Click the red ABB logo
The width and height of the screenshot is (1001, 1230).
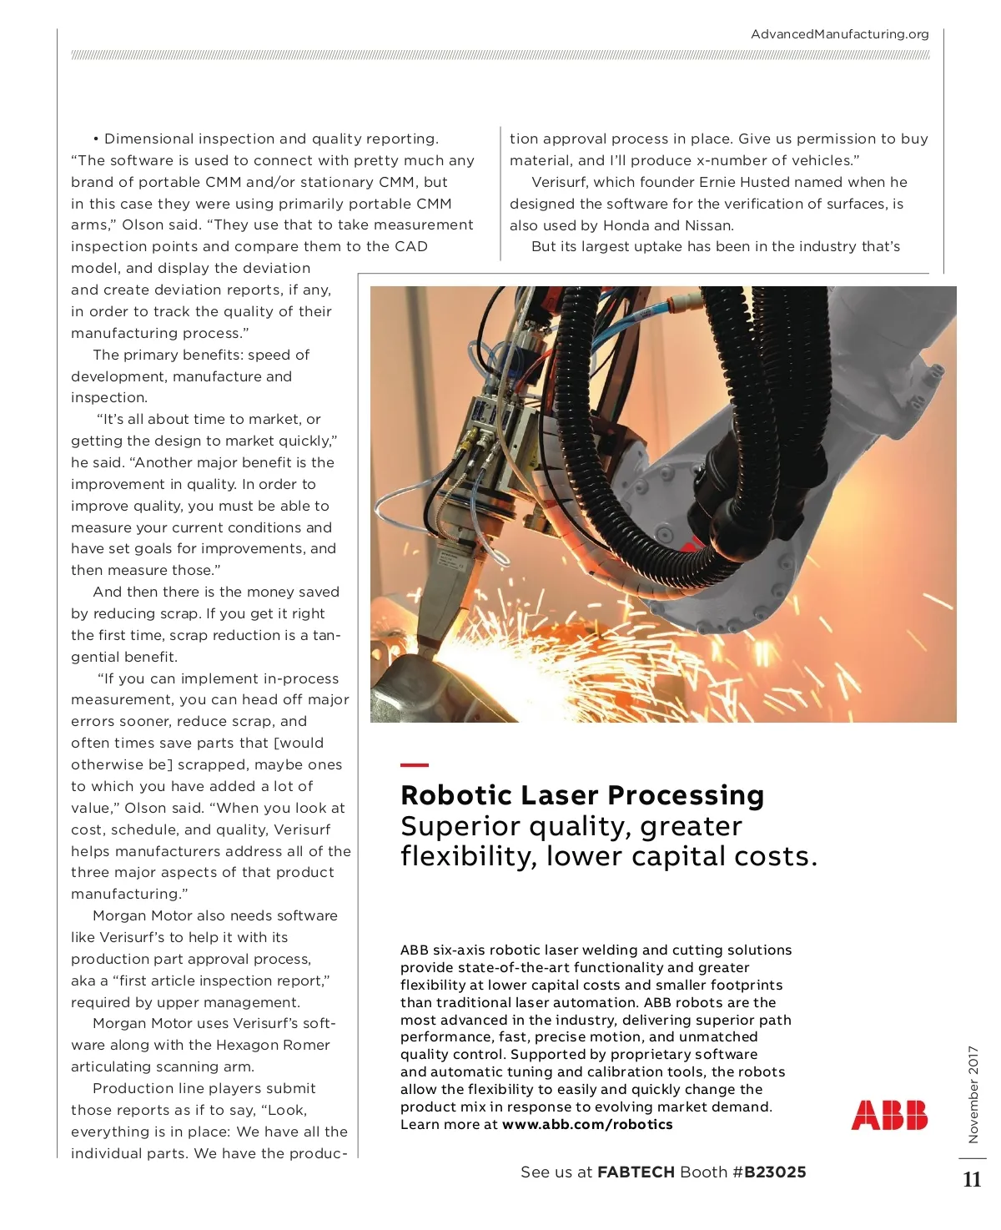pyautogui.click(x=889, y=1115)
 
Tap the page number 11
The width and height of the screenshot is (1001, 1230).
pyautogui.click(x=972, y=1180)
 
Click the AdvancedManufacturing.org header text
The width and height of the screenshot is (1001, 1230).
pyautogui.click(x=839, y=34)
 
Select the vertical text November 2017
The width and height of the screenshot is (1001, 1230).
pyautogui.click(x=973, y=1094)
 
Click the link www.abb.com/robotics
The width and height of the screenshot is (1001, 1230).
pyautogui.click(x=587, y=1125)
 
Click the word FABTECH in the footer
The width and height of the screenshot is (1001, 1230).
pyautogui.click(x=636, y=1172)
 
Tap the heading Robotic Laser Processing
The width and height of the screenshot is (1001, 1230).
pyautogui.click(x=582, y=795)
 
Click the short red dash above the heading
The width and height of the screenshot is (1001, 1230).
pyautogui.click(x=415, y=764)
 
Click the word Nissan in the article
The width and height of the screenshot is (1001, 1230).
pyautogui.click(x=709, y=225)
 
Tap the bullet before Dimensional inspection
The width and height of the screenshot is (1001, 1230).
pyautogui.click(x=97, y=139)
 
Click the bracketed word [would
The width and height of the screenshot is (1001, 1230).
pyautogui.click(x=299, y=743)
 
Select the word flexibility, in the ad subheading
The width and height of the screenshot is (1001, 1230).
pyautogui.click(x=469, y=857)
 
